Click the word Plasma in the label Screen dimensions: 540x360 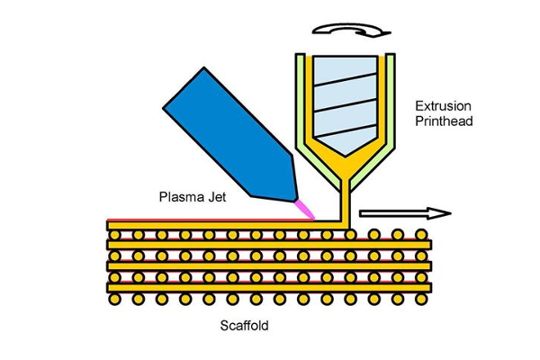coord(182,197)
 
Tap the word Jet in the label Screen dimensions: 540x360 coord(217,197)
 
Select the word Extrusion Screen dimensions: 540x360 coord(443,106)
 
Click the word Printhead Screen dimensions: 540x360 coord(444,121)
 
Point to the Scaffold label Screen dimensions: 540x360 coord(244,326)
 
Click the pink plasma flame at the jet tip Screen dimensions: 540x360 coord(305,210)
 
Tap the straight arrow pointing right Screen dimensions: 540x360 coord(405,213)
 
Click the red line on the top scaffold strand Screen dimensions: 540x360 coord(210,220)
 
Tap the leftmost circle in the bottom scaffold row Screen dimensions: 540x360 coord(114,299)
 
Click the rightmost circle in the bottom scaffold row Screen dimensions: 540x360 coord(421,299)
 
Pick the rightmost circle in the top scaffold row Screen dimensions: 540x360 coord(421,235)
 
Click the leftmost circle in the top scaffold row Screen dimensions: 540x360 coord(114,235)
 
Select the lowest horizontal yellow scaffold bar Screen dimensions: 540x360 coord(269,288)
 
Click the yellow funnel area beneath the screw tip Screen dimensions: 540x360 coord(346,167)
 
